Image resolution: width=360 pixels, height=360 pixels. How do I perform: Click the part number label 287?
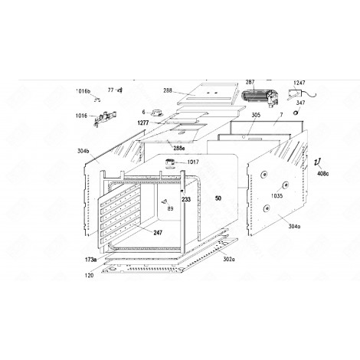click(x=250, y=80)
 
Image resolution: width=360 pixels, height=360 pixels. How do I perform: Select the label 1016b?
click(x=83, y=91)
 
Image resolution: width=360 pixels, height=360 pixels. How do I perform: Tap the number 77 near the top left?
click(x=110, y=90)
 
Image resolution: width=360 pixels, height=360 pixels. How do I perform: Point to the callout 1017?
click(x=191, y=162)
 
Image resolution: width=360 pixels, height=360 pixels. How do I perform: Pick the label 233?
click(x=186, y=198)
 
